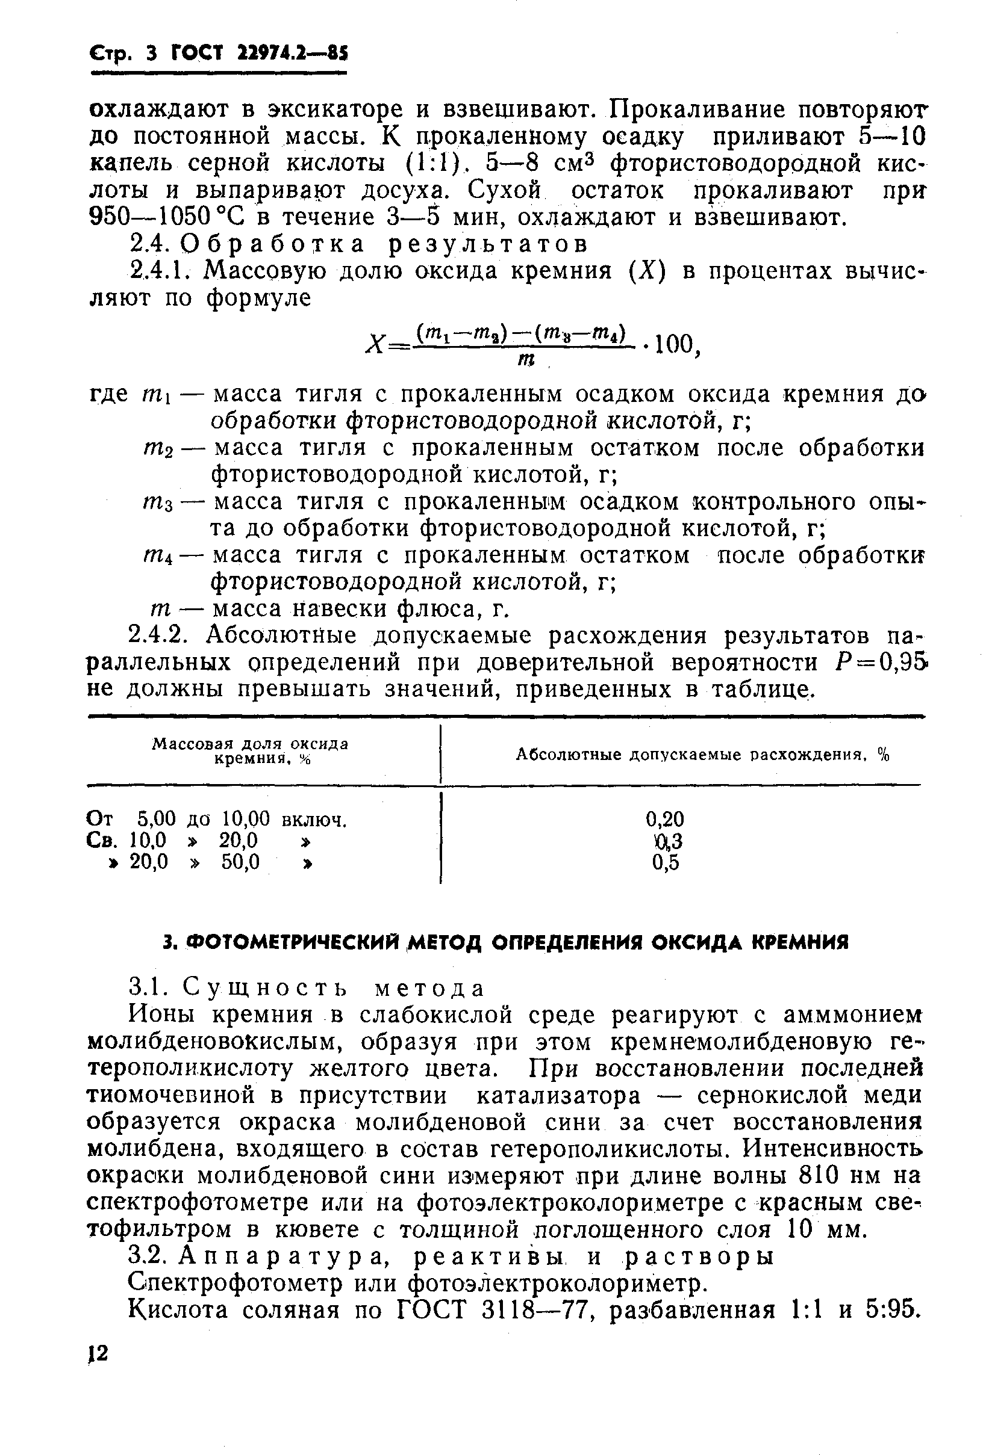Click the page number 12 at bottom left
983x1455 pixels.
pyautogui.click(x=98, y=1353)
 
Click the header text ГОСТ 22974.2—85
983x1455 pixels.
pyautogui.click(x=260, y=54)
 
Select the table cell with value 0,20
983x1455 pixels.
pyautogui.click(x=665, y=819)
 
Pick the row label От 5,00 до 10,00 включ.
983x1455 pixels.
pyautogui.click(x=216, y=819)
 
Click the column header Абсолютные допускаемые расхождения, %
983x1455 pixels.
pyautogui.click(x=702, y=755)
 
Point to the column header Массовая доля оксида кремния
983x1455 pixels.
pyautogui.click(x=251, y=750)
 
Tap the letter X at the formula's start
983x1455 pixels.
pyautogui.click(x=375, y=345)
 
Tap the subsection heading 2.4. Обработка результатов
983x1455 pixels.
pyautogui.click(x=358, y=244)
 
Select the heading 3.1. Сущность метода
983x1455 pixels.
pyautogui.click(x=307, y=987)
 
